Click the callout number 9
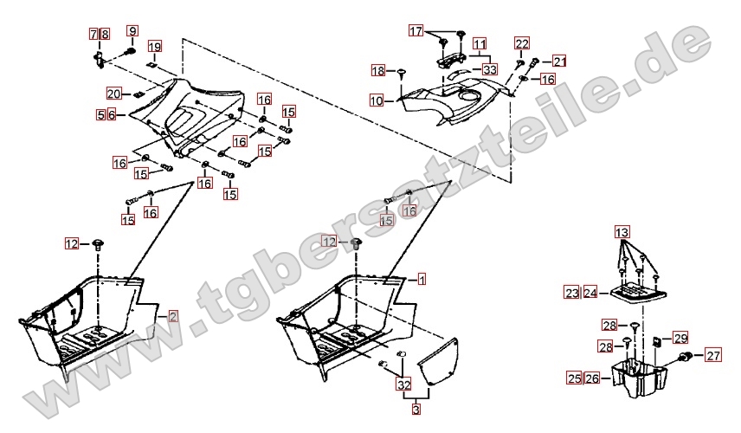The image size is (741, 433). [x=132, y=31]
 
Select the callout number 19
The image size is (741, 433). [x=155, y=46]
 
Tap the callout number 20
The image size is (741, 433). [x=113, y=94]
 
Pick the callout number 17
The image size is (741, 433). [x=416, y=31]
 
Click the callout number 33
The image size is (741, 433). [x=490, y=70]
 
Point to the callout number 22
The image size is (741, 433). [x=522, y=44]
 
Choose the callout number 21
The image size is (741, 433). [x=559, y=61]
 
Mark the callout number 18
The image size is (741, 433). [x=378, y=71]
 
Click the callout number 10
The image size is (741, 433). [x=377, y=100]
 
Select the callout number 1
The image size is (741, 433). [x=422, y=279]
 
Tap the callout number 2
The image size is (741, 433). [x=173, y=316]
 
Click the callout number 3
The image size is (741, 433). [x=416, y=409]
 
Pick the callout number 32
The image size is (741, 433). [x=404, y=385]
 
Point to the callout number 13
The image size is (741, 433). [x=622, y=233]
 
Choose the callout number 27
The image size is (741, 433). [x=713, y=355]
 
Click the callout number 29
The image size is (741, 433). [x=680, y=339]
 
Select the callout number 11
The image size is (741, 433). [x=480, y=44]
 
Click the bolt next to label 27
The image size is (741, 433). [x=686, y=357]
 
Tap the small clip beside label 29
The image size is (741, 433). [x=657, y=341]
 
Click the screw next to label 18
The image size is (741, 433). [x=402, y=73]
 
